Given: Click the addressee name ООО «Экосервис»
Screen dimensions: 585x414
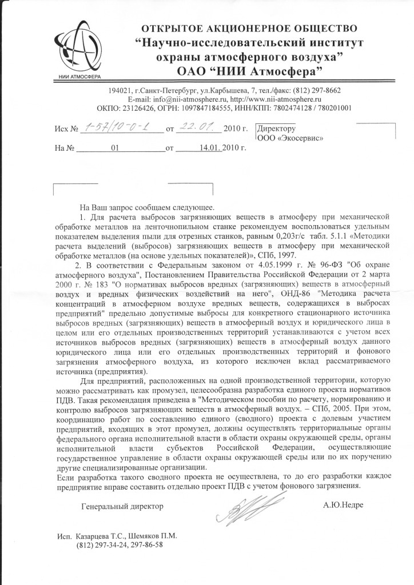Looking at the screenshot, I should click(290, 138).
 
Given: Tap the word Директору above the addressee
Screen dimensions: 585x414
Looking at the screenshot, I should click(277, 129).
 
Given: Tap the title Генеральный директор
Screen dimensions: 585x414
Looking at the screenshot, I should click(122, 506).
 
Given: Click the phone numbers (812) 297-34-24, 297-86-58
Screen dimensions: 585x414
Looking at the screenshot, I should click(120, 545).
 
